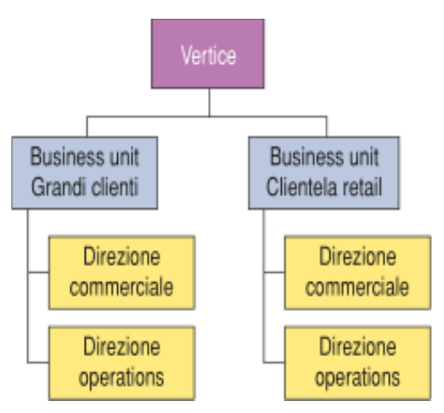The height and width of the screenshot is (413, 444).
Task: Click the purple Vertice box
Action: [x=208, y=54]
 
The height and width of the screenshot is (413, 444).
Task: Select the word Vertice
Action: [x=208, y=55]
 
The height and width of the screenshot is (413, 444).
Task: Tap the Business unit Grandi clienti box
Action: [x=85, y=173]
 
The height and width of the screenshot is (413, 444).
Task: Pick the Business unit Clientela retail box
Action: [x=324, y=173]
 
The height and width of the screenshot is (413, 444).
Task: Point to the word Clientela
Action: [x=302, y=187]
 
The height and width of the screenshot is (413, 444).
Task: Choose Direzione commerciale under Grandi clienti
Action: [x=121, y=273]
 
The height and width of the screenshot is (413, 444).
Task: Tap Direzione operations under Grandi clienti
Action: [x=121, y=363]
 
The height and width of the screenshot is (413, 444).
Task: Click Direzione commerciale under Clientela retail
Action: [x=357, y=273]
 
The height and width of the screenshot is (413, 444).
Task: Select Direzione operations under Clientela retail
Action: [x=357, y=363]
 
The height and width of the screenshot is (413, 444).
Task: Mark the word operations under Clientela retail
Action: [x=357, y=377]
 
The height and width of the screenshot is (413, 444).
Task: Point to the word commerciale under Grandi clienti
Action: [x=121, y=287]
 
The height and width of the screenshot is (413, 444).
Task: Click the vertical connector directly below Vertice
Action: [x=209, y=102]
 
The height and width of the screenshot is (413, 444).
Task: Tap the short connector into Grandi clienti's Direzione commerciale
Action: [x=38, y=273]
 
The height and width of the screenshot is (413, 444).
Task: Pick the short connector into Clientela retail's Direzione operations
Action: [x=274, y=362]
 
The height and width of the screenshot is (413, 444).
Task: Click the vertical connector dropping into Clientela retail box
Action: [x=327, y=127]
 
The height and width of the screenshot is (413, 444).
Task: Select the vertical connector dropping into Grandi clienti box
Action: [x=87, y=127]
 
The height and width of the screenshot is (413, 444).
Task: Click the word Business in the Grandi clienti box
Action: [x=67, y=156]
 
